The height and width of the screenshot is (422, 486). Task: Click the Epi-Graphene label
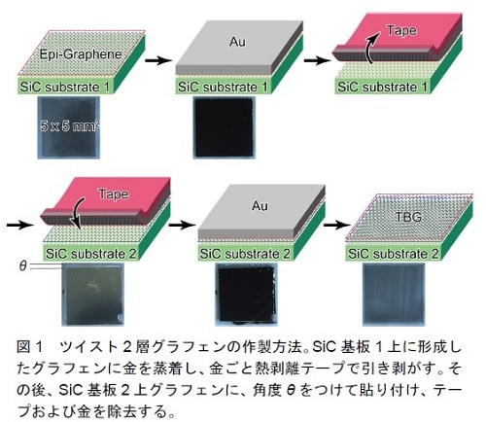(81, 53)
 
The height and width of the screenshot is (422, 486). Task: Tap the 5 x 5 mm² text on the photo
(70, 125)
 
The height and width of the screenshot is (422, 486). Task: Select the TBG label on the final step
(408, 217)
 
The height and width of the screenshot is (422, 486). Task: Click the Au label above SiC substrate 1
(237, 42)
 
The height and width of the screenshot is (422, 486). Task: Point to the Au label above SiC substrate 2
(260, 206)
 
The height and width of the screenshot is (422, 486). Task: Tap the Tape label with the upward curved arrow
(401, 30)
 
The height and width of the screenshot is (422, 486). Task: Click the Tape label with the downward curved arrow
(114, 194)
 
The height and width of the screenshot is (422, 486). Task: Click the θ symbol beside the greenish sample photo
(22, 265)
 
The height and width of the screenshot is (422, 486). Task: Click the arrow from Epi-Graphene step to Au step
(158, 60)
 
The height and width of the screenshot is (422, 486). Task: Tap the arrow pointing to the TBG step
(337, 225)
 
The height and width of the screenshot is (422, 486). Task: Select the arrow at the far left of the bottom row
(20, 225)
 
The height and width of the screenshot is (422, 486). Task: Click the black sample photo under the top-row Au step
(225, 127)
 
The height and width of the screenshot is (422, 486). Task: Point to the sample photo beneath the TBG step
(394, 294)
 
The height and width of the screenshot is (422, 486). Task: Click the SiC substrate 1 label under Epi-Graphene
(64, 87)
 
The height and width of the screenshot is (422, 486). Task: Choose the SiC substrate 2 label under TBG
(394, 254)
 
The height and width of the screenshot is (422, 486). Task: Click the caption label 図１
(29, 347)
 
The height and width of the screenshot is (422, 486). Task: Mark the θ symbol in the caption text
(291, 391)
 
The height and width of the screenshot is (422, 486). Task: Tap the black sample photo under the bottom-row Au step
(247, 295)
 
